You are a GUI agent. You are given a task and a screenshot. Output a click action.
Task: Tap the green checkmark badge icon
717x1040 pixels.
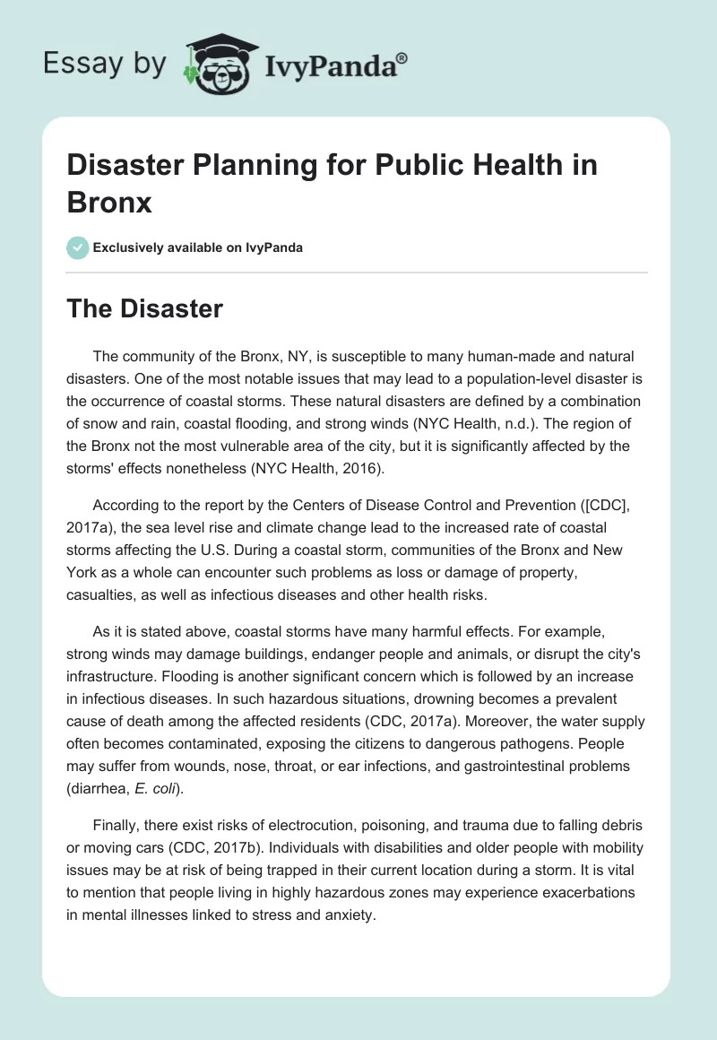[79, 247]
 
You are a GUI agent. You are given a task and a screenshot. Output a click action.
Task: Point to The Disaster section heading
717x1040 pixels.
[145, 309]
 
